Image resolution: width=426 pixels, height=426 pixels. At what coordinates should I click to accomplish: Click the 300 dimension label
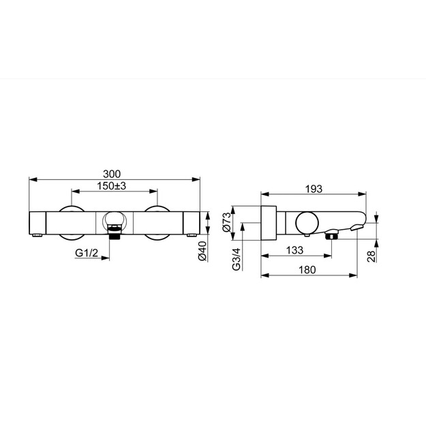(112, 174)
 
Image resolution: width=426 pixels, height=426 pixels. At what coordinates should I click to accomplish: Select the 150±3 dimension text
(111, 186)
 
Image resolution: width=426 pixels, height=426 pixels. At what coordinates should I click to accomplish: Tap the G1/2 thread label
(87, 253)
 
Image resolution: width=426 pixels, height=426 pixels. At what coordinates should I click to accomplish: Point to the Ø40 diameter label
(203, 251)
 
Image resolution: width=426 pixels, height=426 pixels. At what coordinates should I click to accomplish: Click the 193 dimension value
(314, 189)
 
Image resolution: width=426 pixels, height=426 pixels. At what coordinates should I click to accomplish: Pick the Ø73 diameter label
(226, 222)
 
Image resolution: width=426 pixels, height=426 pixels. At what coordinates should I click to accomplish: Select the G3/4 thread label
(237, 259)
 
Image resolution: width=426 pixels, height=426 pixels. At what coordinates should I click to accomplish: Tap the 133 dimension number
(294, 250)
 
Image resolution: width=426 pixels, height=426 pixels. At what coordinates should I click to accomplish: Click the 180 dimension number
(307, 270)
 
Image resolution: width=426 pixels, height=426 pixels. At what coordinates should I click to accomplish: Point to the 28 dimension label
(371, 256)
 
